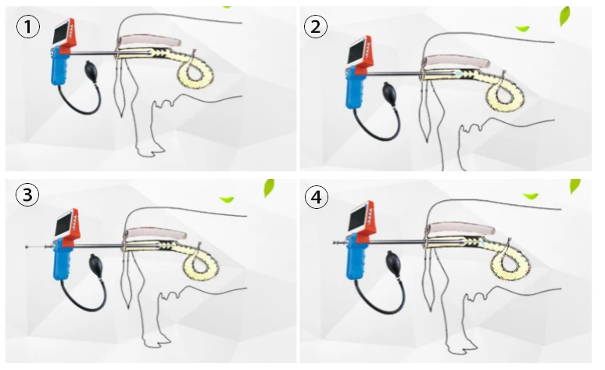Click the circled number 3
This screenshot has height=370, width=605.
[x=28, y=196]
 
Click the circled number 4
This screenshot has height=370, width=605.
[x=316, y=196]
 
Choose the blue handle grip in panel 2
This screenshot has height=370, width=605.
[x=353, y=91]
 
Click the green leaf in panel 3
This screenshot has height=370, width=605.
[x=269, y=188]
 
